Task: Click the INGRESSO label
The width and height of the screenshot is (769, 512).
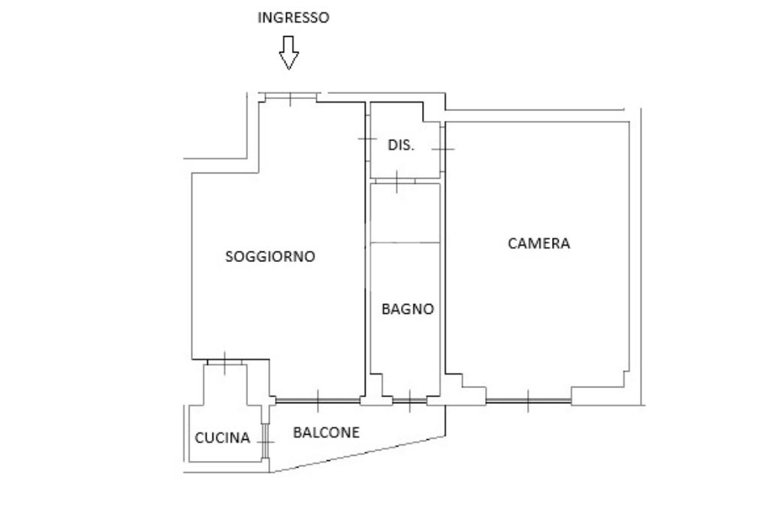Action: point(294,18)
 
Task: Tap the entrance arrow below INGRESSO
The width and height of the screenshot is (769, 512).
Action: point(289,53)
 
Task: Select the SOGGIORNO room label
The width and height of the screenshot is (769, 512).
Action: point(270,257)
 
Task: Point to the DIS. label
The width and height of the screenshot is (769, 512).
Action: point(401,145)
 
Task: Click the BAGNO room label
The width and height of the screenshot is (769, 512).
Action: point(408,309)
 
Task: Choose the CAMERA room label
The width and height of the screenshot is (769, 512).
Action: point(538,243)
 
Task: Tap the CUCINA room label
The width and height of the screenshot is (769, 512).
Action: point(222,438)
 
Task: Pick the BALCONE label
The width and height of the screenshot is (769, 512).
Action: point(326,432)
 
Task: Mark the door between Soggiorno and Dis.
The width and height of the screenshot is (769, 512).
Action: point(366,139)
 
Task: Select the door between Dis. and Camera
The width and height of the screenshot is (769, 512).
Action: point(442,149)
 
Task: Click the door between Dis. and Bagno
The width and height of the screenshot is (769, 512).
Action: point(397,181)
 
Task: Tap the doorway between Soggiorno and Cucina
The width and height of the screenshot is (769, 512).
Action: point(225,363)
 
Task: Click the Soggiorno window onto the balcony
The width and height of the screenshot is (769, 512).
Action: point(318,401)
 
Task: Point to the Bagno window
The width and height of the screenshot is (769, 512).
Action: point(409,401)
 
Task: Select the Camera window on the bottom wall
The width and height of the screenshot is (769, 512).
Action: point(528,401)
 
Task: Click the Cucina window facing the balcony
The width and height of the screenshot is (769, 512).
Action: point(265,441)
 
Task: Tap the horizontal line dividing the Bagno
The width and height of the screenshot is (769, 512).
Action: point(405,242)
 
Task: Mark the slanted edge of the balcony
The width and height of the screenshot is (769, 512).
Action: point(357,454)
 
